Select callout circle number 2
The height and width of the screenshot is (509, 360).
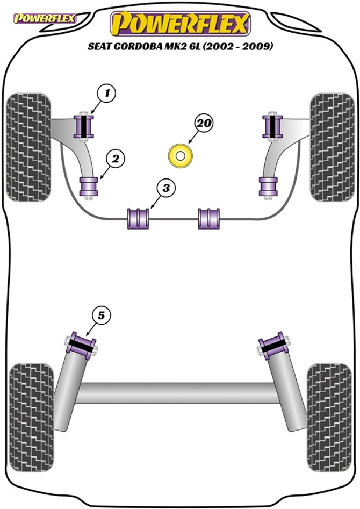[115, 158]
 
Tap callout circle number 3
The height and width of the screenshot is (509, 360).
[166, 188]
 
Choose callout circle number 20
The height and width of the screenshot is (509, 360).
[204, 124]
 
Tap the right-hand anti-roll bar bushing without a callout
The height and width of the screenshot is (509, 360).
[209, 218]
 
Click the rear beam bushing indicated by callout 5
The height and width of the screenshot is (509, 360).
[81, 343]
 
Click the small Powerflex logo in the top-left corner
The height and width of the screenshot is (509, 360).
[45, 19]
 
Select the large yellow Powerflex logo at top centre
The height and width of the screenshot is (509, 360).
[180, 24]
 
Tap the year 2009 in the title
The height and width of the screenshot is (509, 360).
[260, 47]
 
